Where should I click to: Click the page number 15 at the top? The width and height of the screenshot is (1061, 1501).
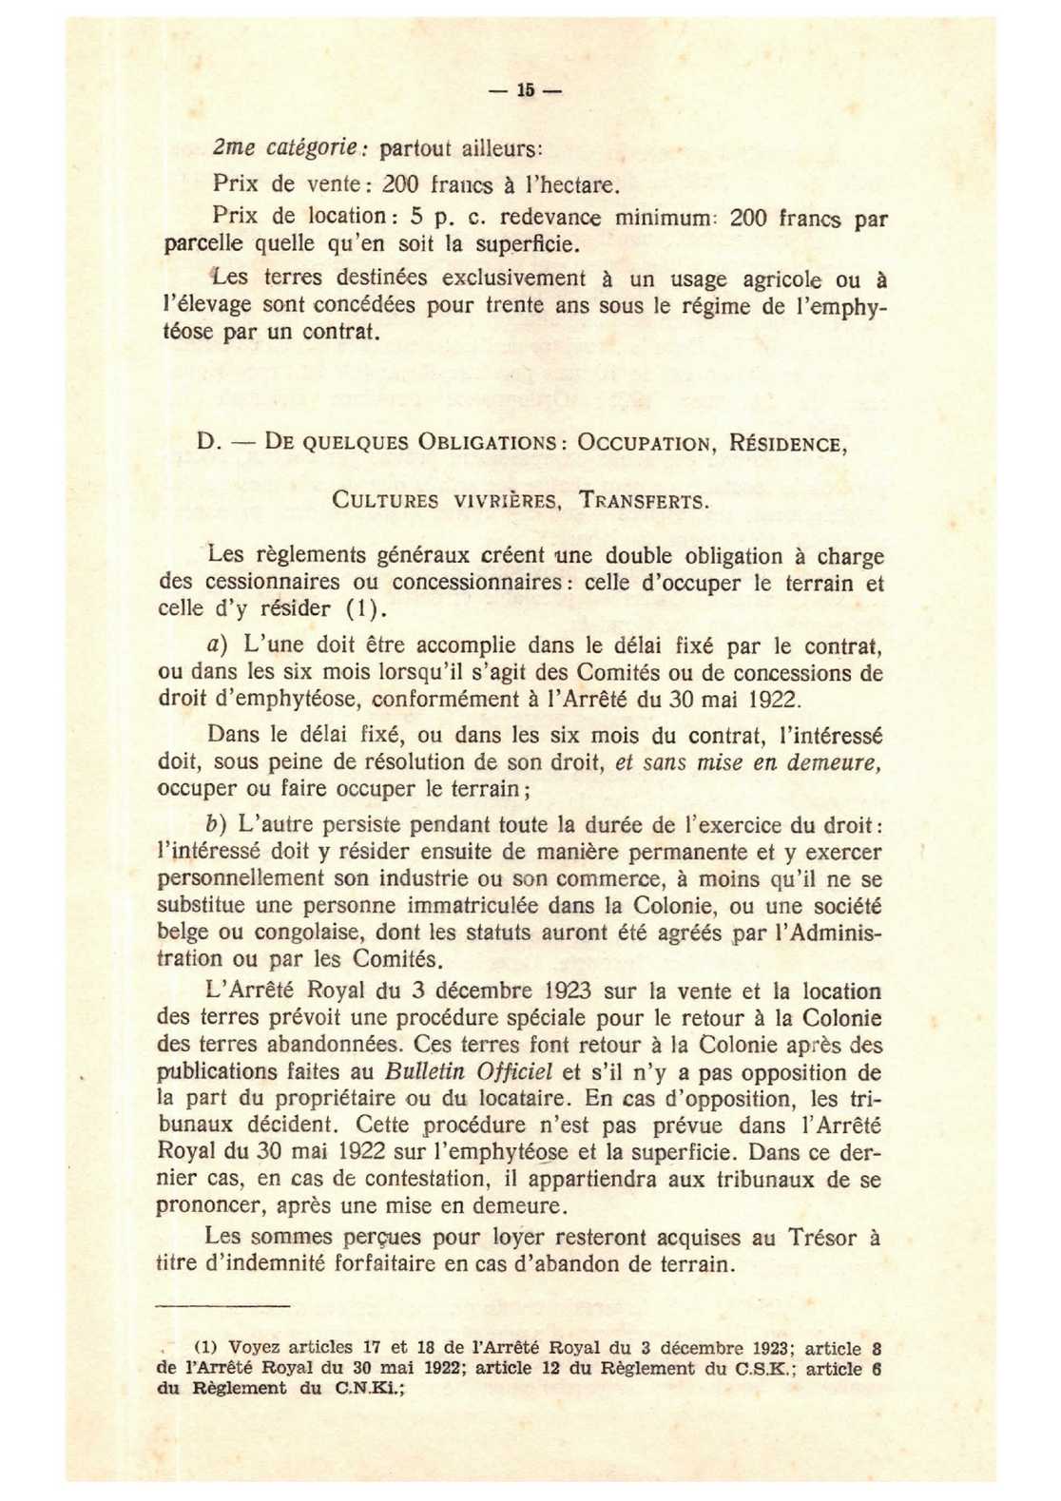[526, 91]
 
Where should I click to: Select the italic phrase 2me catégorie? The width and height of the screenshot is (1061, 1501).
[285, 148]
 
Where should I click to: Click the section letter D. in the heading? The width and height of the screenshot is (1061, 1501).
[208, 443]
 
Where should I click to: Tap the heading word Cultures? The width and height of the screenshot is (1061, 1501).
[385, 500]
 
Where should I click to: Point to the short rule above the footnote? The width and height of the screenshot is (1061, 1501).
[222, 1307]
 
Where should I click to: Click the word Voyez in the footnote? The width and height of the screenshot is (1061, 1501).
[255, 1348]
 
